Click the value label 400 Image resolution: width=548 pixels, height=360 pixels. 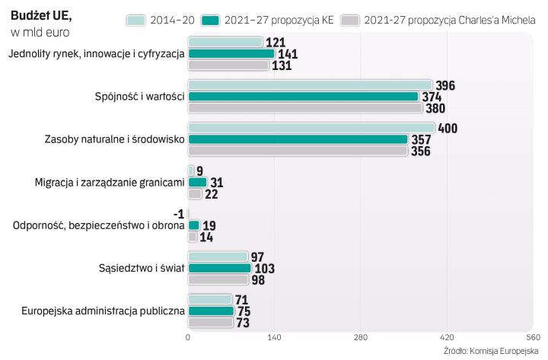(x=448, y=128)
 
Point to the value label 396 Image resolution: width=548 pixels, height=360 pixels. (x=445, y=85)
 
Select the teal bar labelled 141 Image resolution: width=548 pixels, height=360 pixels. (x=231, y=54)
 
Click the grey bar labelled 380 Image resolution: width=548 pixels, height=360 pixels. (x=305, y=108)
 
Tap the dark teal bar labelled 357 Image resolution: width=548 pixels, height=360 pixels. (x=298, y=139)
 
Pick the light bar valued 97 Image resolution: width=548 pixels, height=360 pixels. (x=218, y=257)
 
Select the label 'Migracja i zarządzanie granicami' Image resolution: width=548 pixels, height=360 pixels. (x=110, y=182)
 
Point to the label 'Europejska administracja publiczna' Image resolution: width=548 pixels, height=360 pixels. (x=104, y=311)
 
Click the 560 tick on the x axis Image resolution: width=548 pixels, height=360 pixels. (x=532, y=337)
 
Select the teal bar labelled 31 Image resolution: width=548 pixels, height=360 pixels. (x=197, y=183)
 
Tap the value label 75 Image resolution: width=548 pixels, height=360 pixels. (x=245, y=311)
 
